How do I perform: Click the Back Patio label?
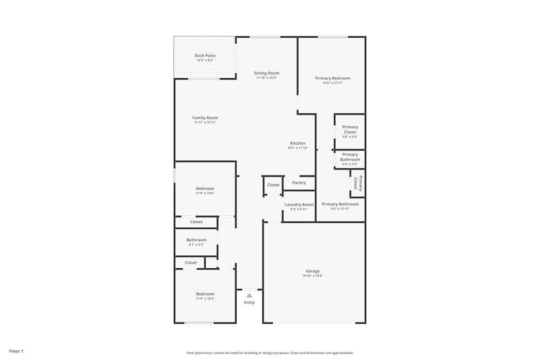point(205,56)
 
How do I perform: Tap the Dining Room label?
point(267,73)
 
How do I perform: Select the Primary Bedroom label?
point(333,78)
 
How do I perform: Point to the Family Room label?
point(205,118)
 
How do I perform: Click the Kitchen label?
point(298,143)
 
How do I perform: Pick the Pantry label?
point(299,182)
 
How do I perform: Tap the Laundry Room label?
point(299,205)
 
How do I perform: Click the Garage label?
point(313,271)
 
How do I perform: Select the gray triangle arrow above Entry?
point(249,295)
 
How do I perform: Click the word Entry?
point(249,302)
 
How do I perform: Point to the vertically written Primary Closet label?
point(357,184)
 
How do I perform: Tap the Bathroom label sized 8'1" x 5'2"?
point(197,240)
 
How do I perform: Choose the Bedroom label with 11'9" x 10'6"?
point(205,188)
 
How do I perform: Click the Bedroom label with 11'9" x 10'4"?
point(205,294)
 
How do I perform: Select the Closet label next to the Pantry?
point(273,185)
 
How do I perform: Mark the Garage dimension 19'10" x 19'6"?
point(313,276)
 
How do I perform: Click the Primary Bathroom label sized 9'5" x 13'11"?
point(340,204)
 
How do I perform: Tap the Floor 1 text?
point(16,351)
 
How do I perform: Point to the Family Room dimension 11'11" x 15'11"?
point(205,123)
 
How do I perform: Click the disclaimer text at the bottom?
point(270,353)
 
